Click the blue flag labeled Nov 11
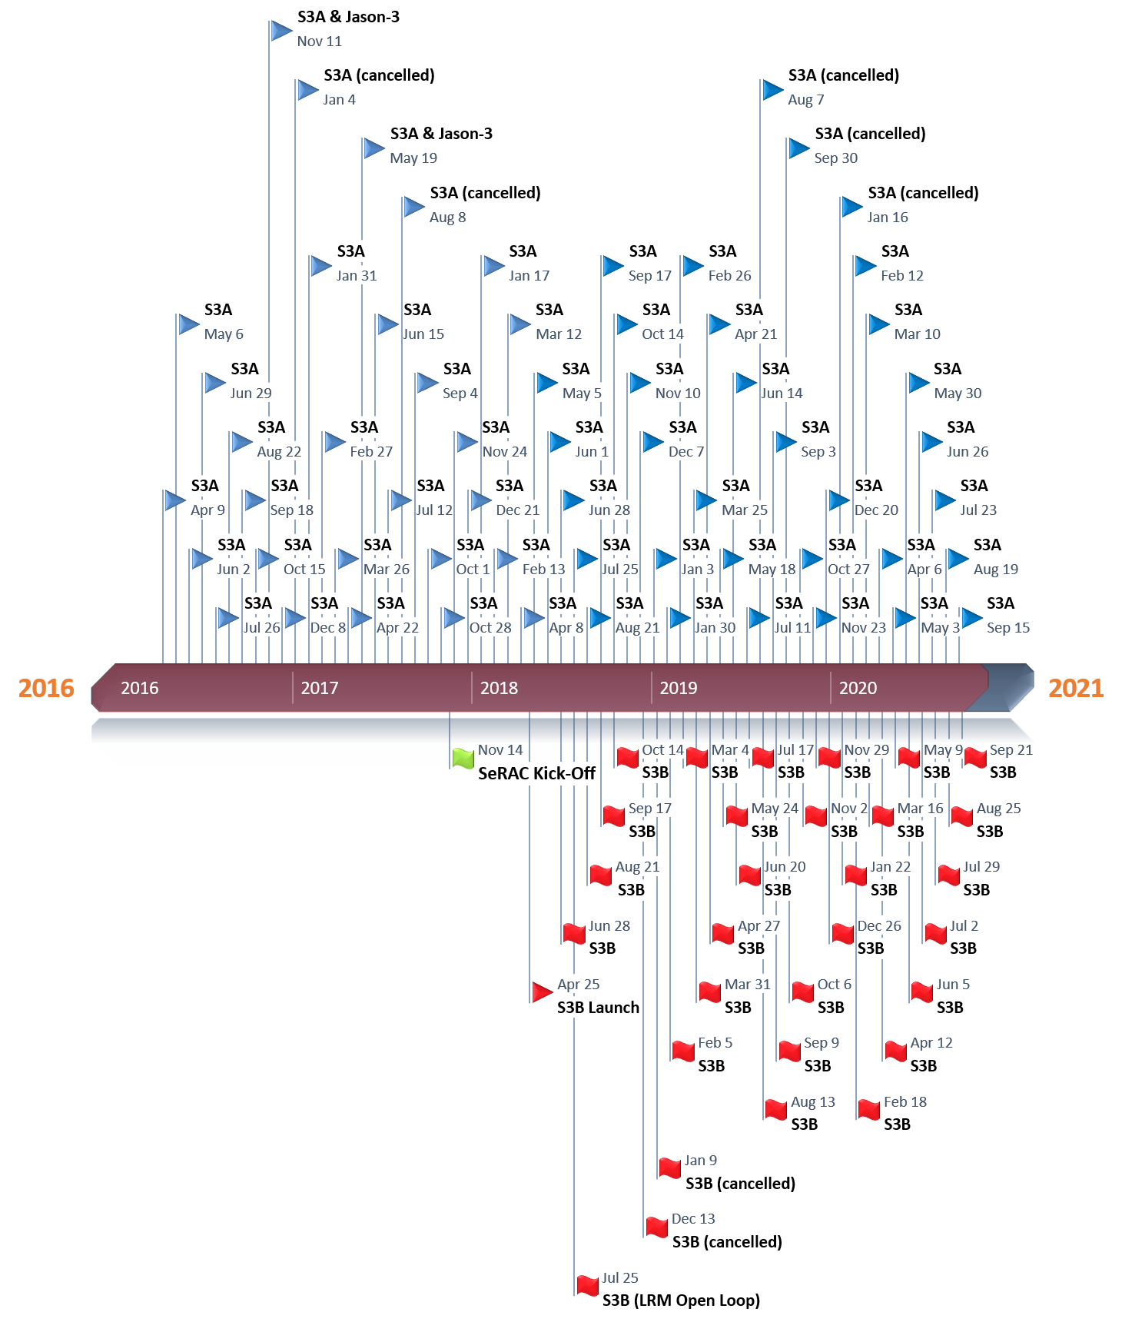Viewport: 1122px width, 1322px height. [x=281, y=32]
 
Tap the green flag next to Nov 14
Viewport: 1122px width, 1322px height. [x=463, y=758]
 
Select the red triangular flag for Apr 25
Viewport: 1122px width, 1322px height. [x=542, y=992]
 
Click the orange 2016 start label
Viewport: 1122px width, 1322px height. [x=46, y=688]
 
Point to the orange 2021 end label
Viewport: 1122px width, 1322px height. [x=1076, y=688]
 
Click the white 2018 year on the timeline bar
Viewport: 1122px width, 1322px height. [x=499, y=688]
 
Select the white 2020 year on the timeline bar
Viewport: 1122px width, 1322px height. [x=858, y=688]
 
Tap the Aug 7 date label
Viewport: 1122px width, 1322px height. [x=805, y=100]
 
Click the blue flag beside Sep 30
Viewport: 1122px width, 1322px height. [x=798, y=148]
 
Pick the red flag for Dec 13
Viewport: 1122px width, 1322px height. [x=656, y=1227]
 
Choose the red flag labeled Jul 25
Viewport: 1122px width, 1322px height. [x=588, y=1285]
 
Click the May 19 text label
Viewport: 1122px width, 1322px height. [x=413, y=158]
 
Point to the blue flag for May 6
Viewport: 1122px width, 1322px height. [x=188, y=324]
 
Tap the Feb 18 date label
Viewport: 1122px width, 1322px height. [x=905, y=1102]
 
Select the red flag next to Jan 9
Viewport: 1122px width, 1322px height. [x=670, y=1168]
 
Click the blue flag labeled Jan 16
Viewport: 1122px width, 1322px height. [x=851, y=208]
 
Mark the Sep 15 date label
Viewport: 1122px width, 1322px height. [x=1008, y=628]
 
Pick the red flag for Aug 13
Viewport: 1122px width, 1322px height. [x=776, y=1109]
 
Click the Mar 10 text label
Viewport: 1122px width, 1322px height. [x=917, y=334]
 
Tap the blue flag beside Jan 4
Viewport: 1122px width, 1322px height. [x=307, y=90]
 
